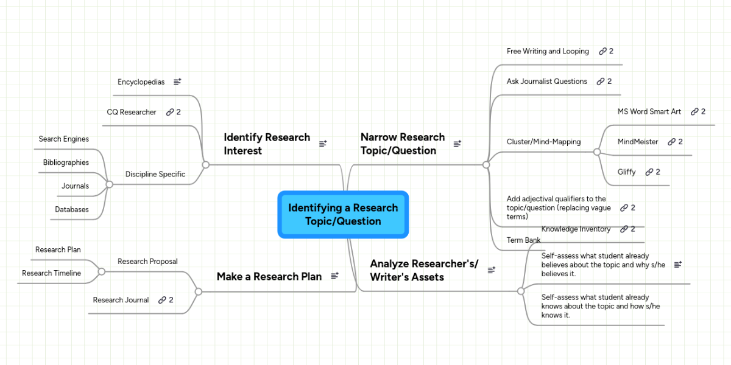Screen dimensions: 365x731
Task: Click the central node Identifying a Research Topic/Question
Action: (343, 214)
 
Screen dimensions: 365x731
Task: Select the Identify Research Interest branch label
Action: (267, 144)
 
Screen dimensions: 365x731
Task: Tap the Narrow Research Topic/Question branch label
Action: (403, 144)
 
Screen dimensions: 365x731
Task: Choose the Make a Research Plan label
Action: (269, 276)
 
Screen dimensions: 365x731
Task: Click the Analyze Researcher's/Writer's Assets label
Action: (424, 270)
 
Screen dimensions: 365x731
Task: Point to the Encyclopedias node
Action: (141, 82)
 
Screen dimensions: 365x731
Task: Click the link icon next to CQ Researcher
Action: (170, 112)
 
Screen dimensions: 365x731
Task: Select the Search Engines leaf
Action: (63, 139)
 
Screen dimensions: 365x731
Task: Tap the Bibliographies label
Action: (66, 162)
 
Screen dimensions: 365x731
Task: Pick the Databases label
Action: (72, 209)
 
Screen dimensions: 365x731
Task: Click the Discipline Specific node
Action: (155, 174)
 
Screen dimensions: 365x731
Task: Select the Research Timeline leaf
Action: (51, 273)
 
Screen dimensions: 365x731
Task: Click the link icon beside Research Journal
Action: (162, 300)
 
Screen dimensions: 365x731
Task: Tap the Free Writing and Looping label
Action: (548, 51)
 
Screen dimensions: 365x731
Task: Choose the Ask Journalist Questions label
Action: (546, 81)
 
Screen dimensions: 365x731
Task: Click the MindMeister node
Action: (638, 142)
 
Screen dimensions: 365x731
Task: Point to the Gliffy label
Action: (626, 172)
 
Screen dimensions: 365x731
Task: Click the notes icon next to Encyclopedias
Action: (177, 82)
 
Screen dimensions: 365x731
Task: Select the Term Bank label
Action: (523, 240)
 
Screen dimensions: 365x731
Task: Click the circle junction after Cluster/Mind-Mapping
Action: (597, 151)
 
